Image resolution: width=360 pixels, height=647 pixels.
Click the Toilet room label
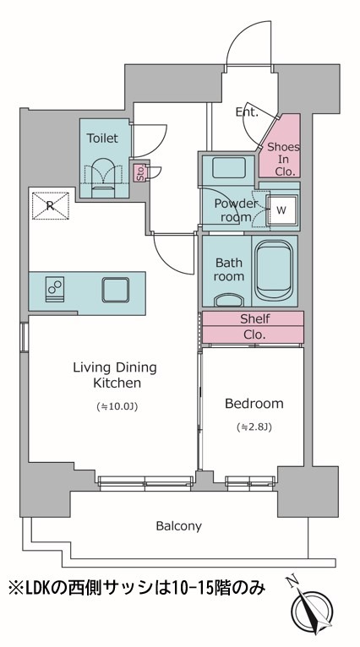pos(102,138)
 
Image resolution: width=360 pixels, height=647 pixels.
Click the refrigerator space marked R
pos(51,205)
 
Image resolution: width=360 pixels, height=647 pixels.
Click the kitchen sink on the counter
pos(115,290)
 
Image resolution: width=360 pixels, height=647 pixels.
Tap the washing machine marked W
pos(281,210)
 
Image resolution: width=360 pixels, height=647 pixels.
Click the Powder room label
pos(234,210)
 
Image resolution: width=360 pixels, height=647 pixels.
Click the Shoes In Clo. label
pos(283,160)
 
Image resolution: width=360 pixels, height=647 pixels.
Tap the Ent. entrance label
pos(247,112)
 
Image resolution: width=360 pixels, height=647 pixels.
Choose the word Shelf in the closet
pos(255,319)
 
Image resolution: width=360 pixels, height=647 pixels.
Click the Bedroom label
pos(254,403)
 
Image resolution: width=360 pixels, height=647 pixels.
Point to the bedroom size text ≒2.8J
pos(254,427)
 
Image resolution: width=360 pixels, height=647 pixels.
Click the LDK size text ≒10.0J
pos(117,407)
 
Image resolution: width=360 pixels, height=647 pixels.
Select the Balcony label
pos(179,526)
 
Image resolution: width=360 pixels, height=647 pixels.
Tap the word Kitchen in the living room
pos(117,383)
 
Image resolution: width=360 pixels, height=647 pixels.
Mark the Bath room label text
pos(228,269)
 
